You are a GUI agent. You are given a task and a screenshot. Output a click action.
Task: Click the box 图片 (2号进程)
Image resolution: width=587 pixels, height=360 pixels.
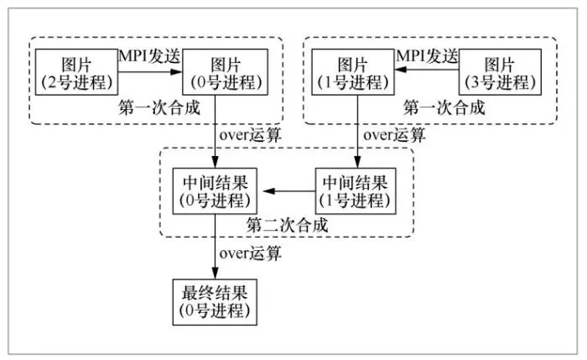77,72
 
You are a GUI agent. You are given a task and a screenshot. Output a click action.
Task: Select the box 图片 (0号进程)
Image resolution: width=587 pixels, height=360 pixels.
225,72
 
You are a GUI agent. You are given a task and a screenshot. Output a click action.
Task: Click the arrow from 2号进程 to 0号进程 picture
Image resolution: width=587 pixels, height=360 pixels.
151,72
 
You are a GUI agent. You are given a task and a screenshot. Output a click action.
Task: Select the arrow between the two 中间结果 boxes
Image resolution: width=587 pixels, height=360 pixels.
288,192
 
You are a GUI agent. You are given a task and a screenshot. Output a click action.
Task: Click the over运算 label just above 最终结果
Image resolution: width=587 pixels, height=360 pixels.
250,252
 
